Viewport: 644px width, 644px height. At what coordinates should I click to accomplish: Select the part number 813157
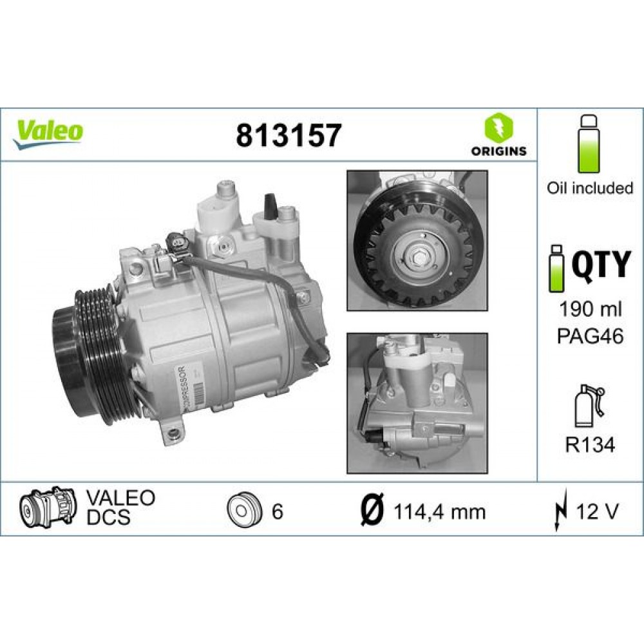click(x=287, y=136)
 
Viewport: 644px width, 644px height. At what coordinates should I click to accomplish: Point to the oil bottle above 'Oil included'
click(x=588, y=145)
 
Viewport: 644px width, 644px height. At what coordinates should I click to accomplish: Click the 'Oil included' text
click(x=590, y=188)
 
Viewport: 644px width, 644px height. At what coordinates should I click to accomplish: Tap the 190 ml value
click(x=590, y=310)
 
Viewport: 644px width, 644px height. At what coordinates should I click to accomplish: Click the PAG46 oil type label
click(x=590, y=336)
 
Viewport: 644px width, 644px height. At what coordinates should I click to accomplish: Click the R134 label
click(x=590, y=444)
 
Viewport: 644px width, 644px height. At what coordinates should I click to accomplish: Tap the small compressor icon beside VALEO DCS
click(x=48, y=509)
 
